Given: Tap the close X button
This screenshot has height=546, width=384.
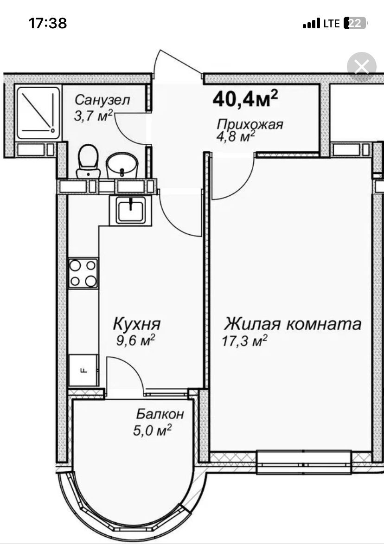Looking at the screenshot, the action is (x=362, y=66).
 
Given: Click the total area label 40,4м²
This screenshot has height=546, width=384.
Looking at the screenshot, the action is (x=245, y=98).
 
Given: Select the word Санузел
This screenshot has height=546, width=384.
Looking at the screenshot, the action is (x=102, y=100).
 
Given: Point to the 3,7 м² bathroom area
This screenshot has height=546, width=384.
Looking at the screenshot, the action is (x=93, y=116).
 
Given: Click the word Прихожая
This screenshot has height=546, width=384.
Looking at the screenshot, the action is (x=250, y=124).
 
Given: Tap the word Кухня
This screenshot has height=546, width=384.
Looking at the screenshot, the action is (x=137, y=324).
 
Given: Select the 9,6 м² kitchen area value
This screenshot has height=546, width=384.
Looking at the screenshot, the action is (x=135, y=340).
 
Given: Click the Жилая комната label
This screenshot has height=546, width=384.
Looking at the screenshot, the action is (x=293, y=324).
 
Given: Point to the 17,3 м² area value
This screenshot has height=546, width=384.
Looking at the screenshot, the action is (x=244, y=340).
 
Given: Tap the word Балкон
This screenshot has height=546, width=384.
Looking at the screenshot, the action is (x=160, y=414).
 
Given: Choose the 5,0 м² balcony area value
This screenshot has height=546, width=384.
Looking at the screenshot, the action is (x=152, y=430).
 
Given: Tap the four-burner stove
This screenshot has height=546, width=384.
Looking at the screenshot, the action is (x=83, y=273).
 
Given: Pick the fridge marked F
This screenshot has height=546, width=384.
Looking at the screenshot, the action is (x=83, y=370).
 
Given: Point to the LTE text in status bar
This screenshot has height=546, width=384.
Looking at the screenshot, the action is (x=332, y=23).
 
